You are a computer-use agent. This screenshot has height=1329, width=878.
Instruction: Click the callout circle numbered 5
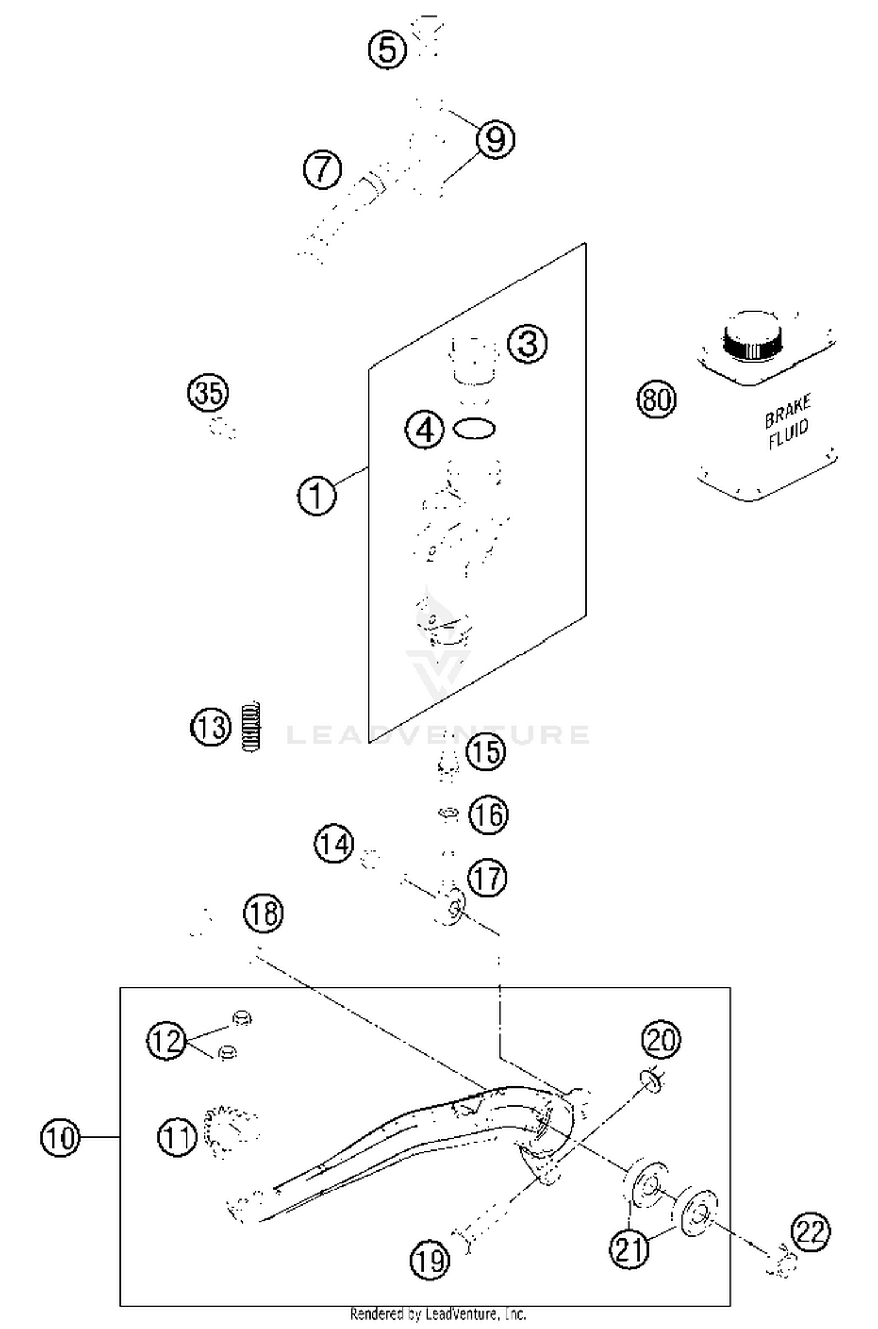click(x=387, y=49)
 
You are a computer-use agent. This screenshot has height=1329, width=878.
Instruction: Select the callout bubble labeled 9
click(x=495, y=139)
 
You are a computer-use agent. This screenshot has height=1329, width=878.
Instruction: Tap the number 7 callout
click(x=323, y=169)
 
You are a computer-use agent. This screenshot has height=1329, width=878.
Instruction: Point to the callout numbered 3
click(x=527, y=344)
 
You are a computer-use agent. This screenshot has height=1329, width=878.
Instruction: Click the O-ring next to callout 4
click(x=474, y=428)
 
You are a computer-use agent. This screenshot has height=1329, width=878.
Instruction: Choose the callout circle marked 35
click(x=208, y=392)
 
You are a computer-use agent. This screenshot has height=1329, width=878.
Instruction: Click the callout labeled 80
click(x=656, y=400)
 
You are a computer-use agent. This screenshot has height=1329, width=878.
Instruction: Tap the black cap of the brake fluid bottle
click(x=752, y=339)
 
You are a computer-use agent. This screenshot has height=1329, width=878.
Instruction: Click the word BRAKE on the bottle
click(x=787, y=411)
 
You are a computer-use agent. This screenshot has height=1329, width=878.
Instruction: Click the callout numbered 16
click(x=489, y=814)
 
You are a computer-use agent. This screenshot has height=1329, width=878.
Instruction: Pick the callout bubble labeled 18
click(x=263, y=913)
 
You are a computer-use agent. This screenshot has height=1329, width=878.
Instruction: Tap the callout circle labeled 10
click(x=60, y=1137)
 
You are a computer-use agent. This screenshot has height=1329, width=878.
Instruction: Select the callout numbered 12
click(x=166, y=1040)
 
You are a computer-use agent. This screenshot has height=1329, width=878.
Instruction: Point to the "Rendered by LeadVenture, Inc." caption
click(x=438, y=1314)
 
